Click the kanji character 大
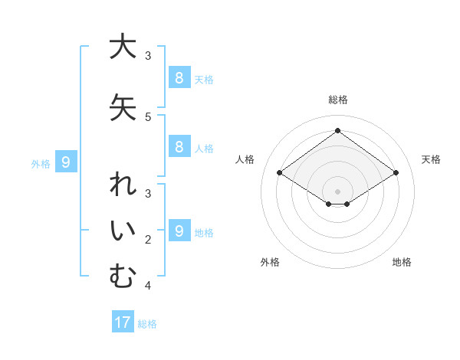[122, 47]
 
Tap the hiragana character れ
[122, 187]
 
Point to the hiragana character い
[122, 233]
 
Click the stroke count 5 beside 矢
[148, 117]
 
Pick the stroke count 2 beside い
[148, 240]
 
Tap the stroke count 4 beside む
[148, 286]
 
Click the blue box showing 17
[123, 322]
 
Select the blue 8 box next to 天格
[179, 77]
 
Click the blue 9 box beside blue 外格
[66, 162]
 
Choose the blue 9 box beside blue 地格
[179, 231]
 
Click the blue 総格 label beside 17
[147, 324]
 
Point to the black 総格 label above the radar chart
[337, 100]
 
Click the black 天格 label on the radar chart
[431, 159]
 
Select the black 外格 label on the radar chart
[270, 262]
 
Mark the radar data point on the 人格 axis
[280, 173]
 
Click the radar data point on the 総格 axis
[337, 131]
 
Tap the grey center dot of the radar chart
[337, 191]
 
